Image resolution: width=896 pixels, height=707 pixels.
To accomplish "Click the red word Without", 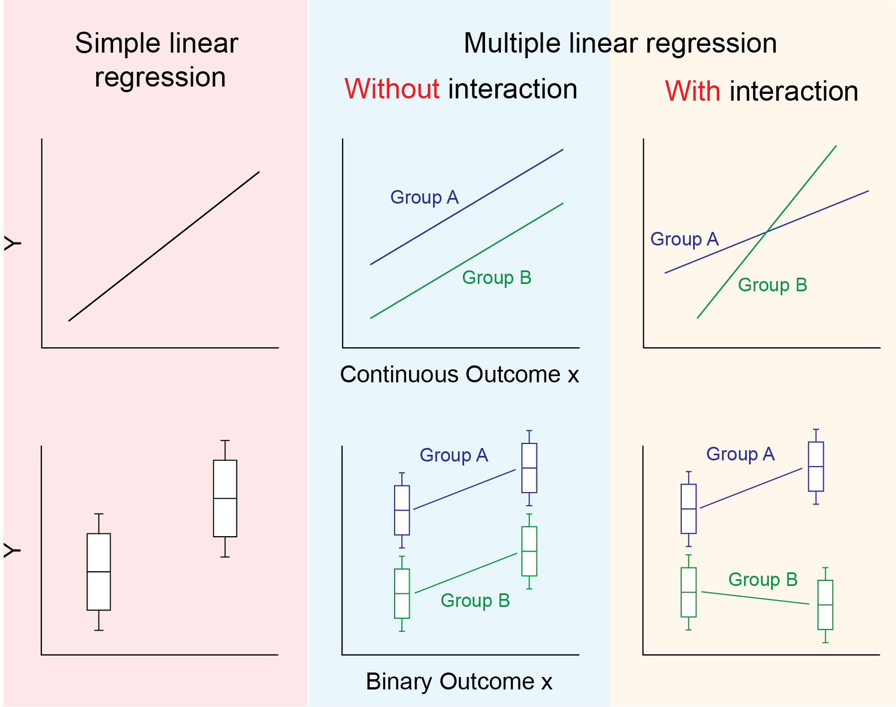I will (x=392, y=89).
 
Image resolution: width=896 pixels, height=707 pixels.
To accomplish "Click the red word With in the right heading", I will (x=692, y=91).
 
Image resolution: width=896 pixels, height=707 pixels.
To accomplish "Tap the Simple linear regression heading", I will (x=157, y=60).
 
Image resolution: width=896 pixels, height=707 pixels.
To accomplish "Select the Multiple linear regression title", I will (x=620, y=44).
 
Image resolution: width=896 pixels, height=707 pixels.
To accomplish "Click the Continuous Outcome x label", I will (x=459, y=374).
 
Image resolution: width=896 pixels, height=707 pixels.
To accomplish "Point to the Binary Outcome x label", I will (x=459, y=682).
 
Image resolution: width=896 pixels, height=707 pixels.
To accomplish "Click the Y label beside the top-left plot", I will (x=12, y=243).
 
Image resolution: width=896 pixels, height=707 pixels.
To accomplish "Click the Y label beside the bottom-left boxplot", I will (x=12, y=550).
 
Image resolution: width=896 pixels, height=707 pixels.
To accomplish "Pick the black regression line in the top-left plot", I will (x=164, y=246).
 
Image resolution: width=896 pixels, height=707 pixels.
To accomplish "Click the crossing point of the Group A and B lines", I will (x=766, y=231).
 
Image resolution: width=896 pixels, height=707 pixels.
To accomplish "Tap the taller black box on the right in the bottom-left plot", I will (x=225, y=498).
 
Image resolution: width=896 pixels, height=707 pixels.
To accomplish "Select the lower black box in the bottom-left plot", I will (x=98, y=572).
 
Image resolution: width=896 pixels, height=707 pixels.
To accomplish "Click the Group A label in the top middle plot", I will (x=425, y=197).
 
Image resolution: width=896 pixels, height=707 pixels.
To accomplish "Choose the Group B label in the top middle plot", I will (x=497, y=278).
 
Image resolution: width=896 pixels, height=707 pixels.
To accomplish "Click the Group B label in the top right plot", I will (x=773, y=285).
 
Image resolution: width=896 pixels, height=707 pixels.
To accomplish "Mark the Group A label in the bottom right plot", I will (x=741, y=454).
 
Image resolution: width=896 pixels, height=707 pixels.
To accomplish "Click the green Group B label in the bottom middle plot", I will (x=475, y=601).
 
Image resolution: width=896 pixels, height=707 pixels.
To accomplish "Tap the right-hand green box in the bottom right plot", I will (x=825, y=605).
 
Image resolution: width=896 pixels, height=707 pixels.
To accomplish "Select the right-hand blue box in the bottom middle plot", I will (x=529, y=468).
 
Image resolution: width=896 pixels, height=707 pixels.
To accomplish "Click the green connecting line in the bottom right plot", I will (x=755, y=598).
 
